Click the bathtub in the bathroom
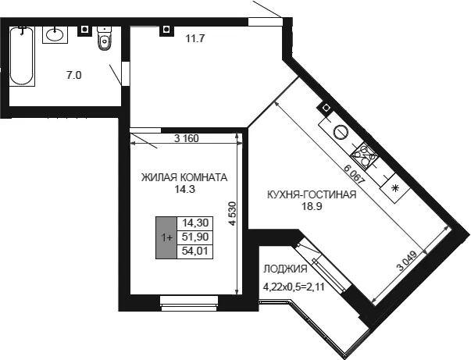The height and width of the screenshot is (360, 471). (22, 56)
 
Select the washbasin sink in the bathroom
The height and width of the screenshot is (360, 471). (55, 34)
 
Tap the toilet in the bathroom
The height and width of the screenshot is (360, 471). (105, 38)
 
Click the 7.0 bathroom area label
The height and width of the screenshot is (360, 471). (74, 76)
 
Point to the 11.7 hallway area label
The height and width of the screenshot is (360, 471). (195, 38)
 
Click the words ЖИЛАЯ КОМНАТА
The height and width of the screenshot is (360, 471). (184, 177)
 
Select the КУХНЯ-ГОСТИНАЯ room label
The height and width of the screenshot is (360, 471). (312, 194)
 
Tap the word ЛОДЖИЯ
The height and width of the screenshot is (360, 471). (285, 269)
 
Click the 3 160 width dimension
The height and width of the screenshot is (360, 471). (187, 139)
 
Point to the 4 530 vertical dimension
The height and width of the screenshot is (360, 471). (233, 213)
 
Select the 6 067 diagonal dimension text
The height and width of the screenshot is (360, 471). (355, 176)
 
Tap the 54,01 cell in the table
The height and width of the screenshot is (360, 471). (195, 251)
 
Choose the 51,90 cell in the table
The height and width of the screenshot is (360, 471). (195, 237)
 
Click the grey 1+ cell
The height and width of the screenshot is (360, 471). (166, 237)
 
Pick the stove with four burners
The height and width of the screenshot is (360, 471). (364, 155)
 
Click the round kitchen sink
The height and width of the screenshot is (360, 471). (341, 132)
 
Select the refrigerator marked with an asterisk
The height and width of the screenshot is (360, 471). (395, 188)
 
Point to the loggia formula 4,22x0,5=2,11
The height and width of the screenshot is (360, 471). (294, 287)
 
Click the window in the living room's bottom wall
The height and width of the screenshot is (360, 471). (189, 303)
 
